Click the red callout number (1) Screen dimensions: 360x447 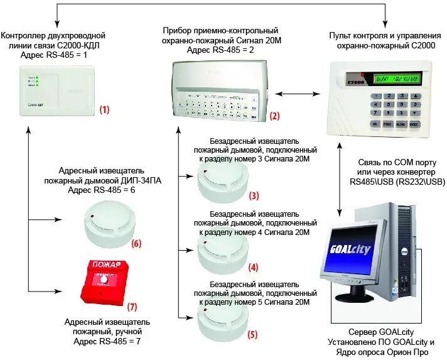pos(104,109)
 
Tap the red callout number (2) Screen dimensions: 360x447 pos(274,116)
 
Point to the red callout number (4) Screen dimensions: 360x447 pos(254,267)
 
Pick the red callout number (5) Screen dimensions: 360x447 pos(252,335)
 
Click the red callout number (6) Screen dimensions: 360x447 pos(136,244)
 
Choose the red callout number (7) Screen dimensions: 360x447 pos(132,307)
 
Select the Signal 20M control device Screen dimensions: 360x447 pos(223,87)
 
